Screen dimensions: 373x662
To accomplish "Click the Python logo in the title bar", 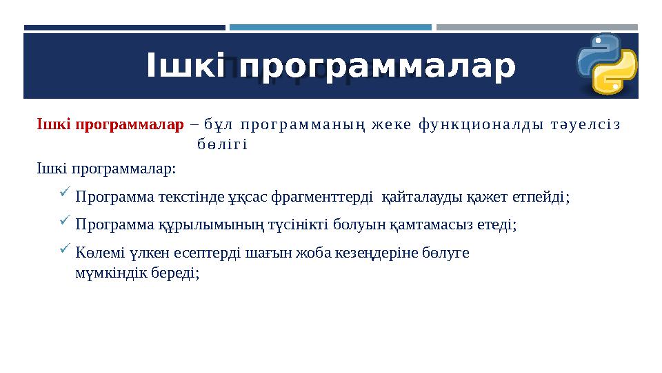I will [x=608, y=64].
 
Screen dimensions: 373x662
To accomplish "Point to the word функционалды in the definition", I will [x=467, y=125].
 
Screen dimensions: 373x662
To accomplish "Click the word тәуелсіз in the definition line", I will [x=585, y=125].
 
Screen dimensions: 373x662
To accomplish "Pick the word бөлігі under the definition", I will [x=221, y=145].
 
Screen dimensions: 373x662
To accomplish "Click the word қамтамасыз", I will [x=434, y=224].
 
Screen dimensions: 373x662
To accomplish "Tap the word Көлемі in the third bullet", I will [x=94, y=252].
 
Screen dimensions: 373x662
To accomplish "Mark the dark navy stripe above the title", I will [x=124, y=28].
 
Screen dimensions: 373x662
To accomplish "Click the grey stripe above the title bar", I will [x=536, y=28].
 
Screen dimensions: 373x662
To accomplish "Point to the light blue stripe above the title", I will [x=330, y=28].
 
